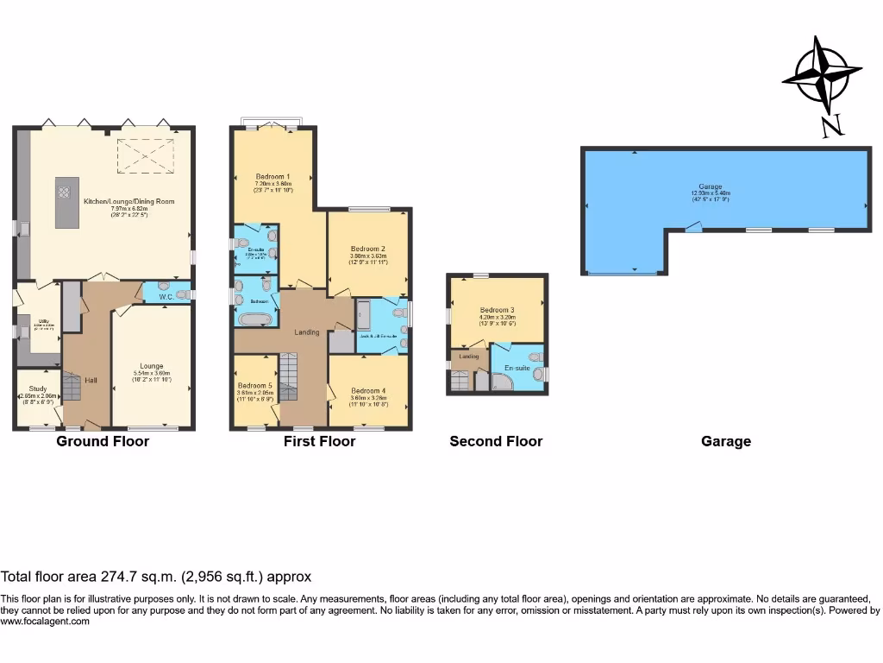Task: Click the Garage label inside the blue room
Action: click(710, 190)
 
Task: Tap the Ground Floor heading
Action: click(103, 441)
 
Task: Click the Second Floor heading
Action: click(496, 441)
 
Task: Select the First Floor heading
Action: click(319, 441)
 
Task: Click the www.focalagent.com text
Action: click(45, 622)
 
